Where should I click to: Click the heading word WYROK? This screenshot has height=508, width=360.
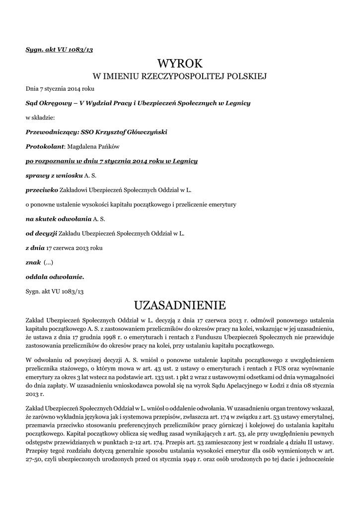(180, 63)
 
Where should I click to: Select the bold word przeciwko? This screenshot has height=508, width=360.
(42, 190)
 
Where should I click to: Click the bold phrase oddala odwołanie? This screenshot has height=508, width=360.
(55, 276)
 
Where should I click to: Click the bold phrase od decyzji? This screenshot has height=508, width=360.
(42, 233)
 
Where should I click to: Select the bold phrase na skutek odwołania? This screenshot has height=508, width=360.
(59, 218)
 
